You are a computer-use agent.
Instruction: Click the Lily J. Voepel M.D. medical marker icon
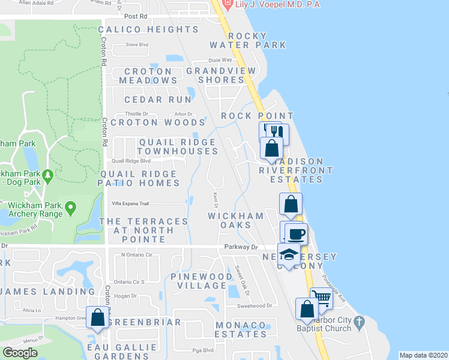(228, 5)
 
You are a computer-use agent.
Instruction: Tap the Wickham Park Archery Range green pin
(71, 208)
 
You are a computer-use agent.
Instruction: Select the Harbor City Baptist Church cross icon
(359, 323)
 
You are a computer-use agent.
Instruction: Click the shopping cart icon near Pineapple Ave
(322, 296)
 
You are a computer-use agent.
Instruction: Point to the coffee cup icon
(297, 233)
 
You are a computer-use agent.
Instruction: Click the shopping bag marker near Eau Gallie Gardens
(97, 316)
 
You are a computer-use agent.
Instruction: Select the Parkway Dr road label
(241, 247)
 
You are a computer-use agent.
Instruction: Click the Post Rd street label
(136, 16)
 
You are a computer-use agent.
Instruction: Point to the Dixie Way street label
(220, 60)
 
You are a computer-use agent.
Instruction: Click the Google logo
(20, 353)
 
